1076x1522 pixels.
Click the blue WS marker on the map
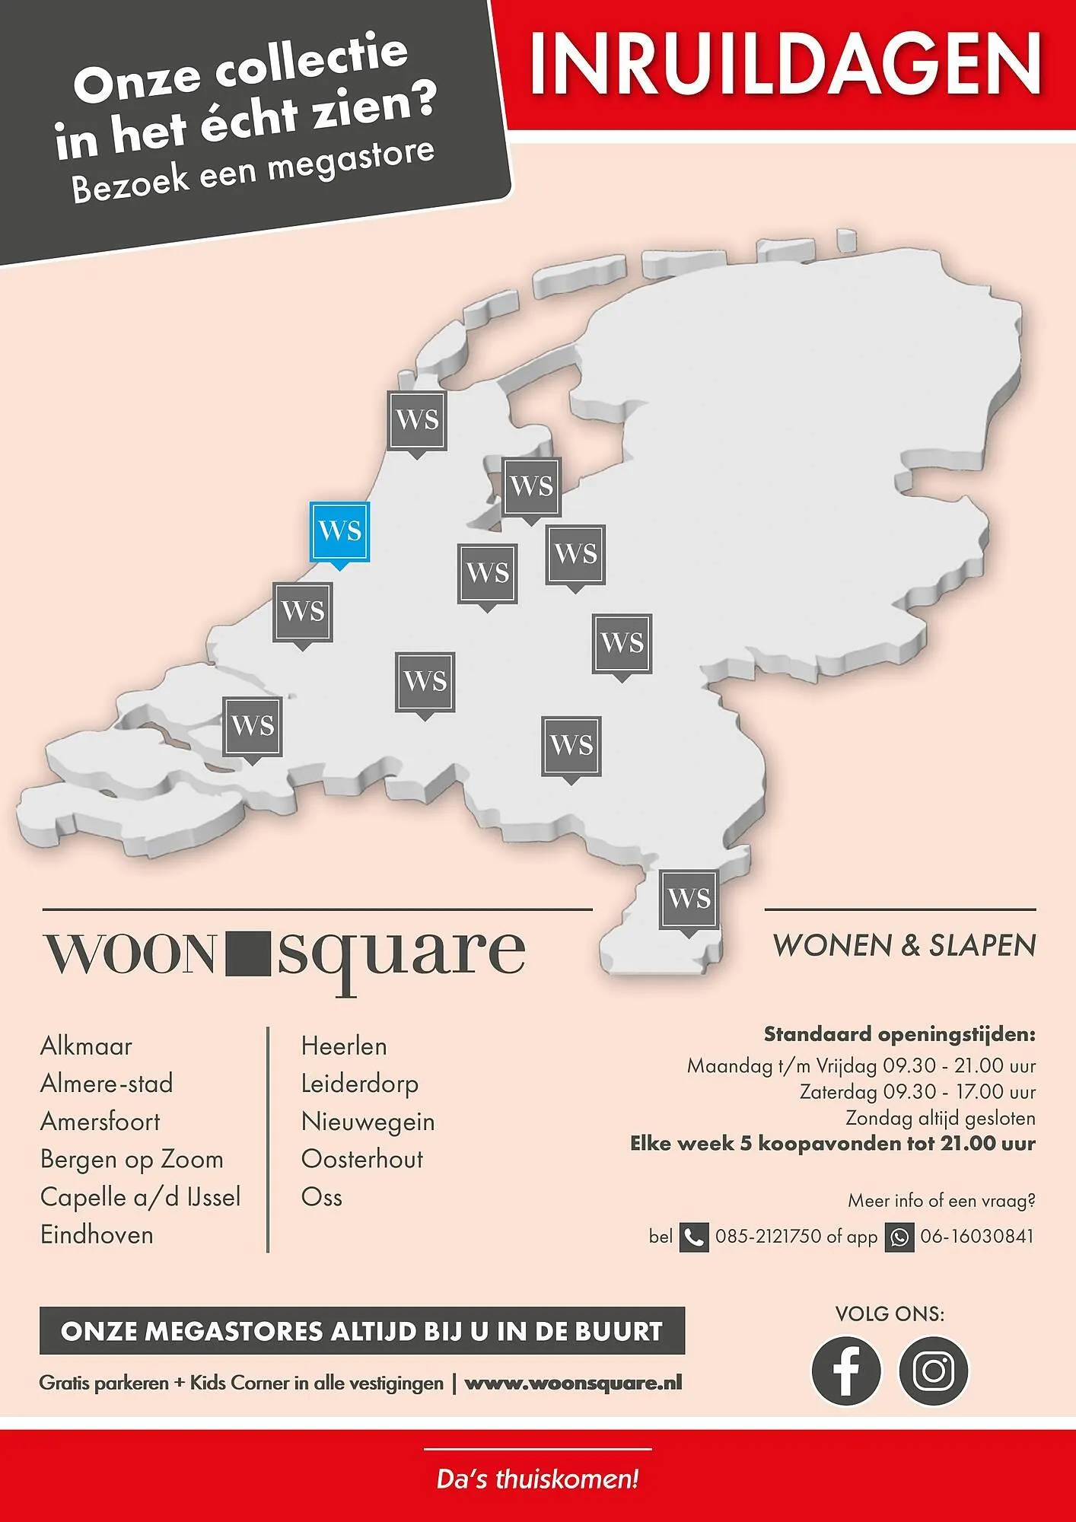click(x=339, y=531)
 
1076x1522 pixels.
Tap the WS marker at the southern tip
click(x=689, y=900)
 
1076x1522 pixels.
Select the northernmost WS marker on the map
click(x=417, y=420)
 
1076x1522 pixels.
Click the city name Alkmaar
click(x=86, y=1046)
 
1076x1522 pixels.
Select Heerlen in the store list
click(x=344, y=1046)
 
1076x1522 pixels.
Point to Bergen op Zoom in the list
click(x=132, y=1160)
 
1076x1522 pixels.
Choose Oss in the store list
click(x=322, y=1197)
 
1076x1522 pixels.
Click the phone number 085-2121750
click(x=769, y=1237)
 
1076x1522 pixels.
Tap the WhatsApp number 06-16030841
click(x=977, y=1237)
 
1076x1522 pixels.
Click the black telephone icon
click(x=693, y=1237)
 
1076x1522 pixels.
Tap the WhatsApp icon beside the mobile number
click(x=899, y=1237)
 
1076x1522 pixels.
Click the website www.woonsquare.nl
click(x=573, y=1383)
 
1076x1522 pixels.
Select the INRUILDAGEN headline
click(x=785, y=62)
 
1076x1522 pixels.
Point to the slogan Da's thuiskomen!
click(x=537, y=1480)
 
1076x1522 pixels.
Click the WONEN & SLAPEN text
click(x=904, y=946)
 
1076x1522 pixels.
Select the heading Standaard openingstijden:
click(x=899, y=1035)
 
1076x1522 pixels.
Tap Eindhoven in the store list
click(x=97, y=1234)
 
